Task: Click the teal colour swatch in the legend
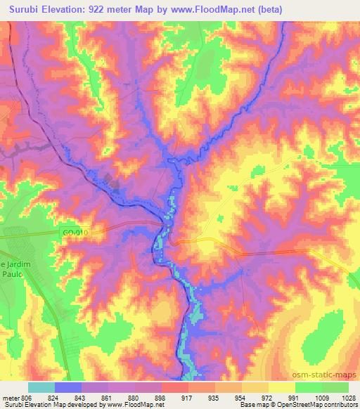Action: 41,387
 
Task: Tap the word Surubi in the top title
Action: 24,9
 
